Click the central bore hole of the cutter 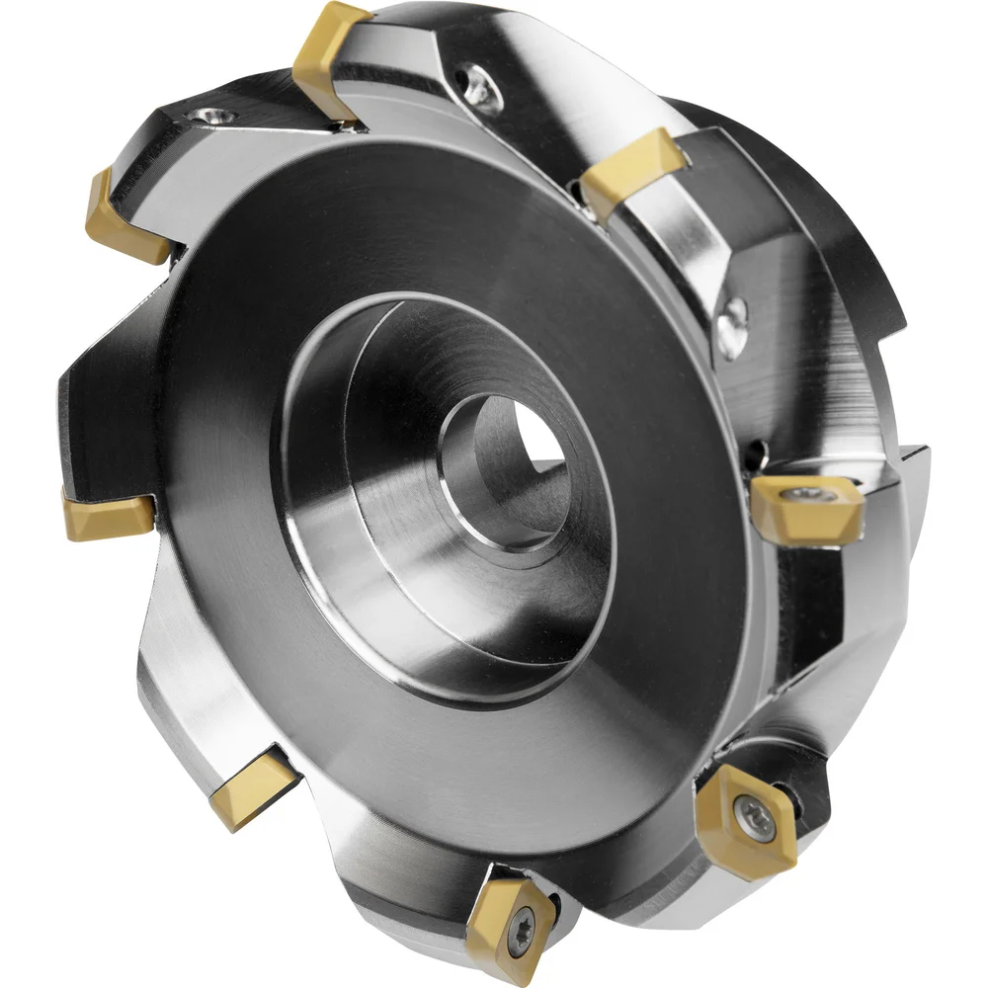tap(504, 464)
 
